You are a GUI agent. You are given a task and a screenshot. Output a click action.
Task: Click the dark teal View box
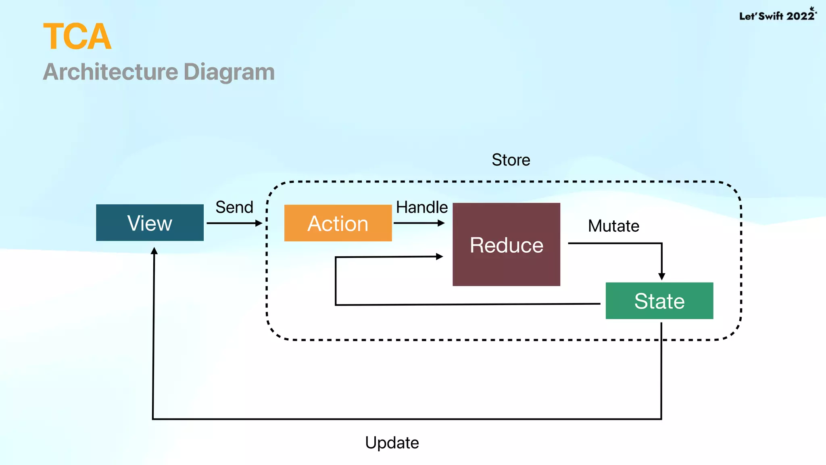coord(150,223)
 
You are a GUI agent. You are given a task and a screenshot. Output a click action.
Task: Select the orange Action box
coord(338,223)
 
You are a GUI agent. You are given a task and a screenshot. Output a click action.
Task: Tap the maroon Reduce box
coord(506,245)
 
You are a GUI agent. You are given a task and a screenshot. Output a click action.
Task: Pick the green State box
coord(659,301)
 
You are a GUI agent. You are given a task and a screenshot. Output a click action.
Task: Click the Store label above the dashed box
coord(511,160)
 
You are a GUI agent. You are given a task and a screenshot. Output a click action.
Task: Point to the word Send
coord(234,207)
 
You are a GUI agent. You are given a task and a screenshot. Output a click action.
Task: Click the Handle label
coord(421,207)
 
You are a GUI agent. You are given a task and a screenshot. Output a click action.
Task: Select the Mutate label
coord(613,226)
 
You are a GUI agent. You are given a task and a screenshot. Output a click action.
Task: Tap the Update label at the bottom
coord(392,443)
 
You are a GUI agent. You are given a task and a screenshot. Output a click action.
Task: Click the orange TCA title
coord(77,37)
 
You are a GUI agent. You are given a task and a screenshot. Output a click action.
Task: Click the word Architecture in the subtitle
coord(111,72)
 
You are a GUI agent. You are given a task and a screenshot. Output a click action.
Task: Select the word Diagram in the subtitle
coord(229,72)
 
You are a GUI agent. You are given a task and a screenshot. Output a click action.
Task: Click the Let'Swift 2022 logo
coord(777,15)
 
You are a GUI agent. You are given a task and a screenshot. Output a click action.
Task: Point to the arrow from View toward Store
coord(234,223)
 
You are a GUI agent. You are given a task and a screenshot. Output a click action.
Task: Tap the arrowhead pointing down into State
coord(661,276)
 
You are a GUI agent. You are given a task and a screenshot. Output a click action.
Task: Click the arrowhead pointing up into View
coord(154,251)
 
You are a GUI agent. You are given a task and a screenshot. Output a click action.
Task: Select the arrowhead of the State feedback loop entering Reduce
coord(440,256)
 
